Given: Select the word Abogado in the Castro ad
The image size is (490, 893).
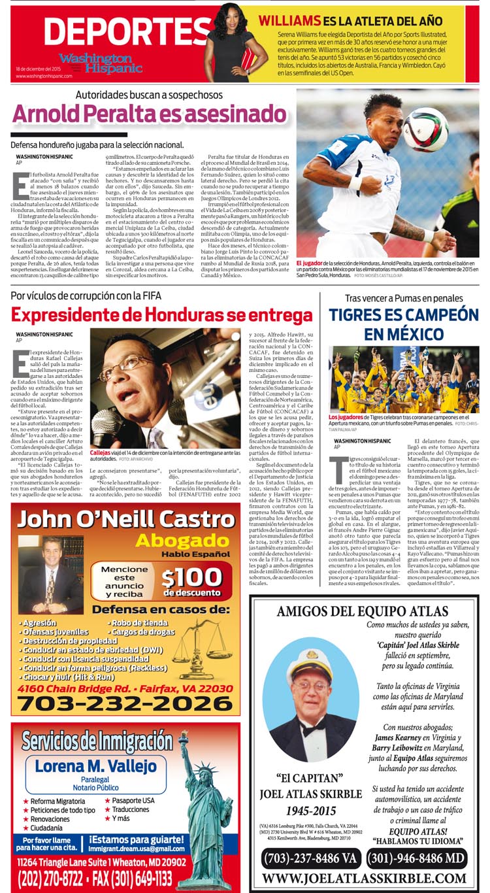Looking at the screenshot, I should [172, 542].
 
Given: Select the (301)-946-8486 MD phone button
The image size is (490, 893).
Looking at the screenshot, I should [416, 857].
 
